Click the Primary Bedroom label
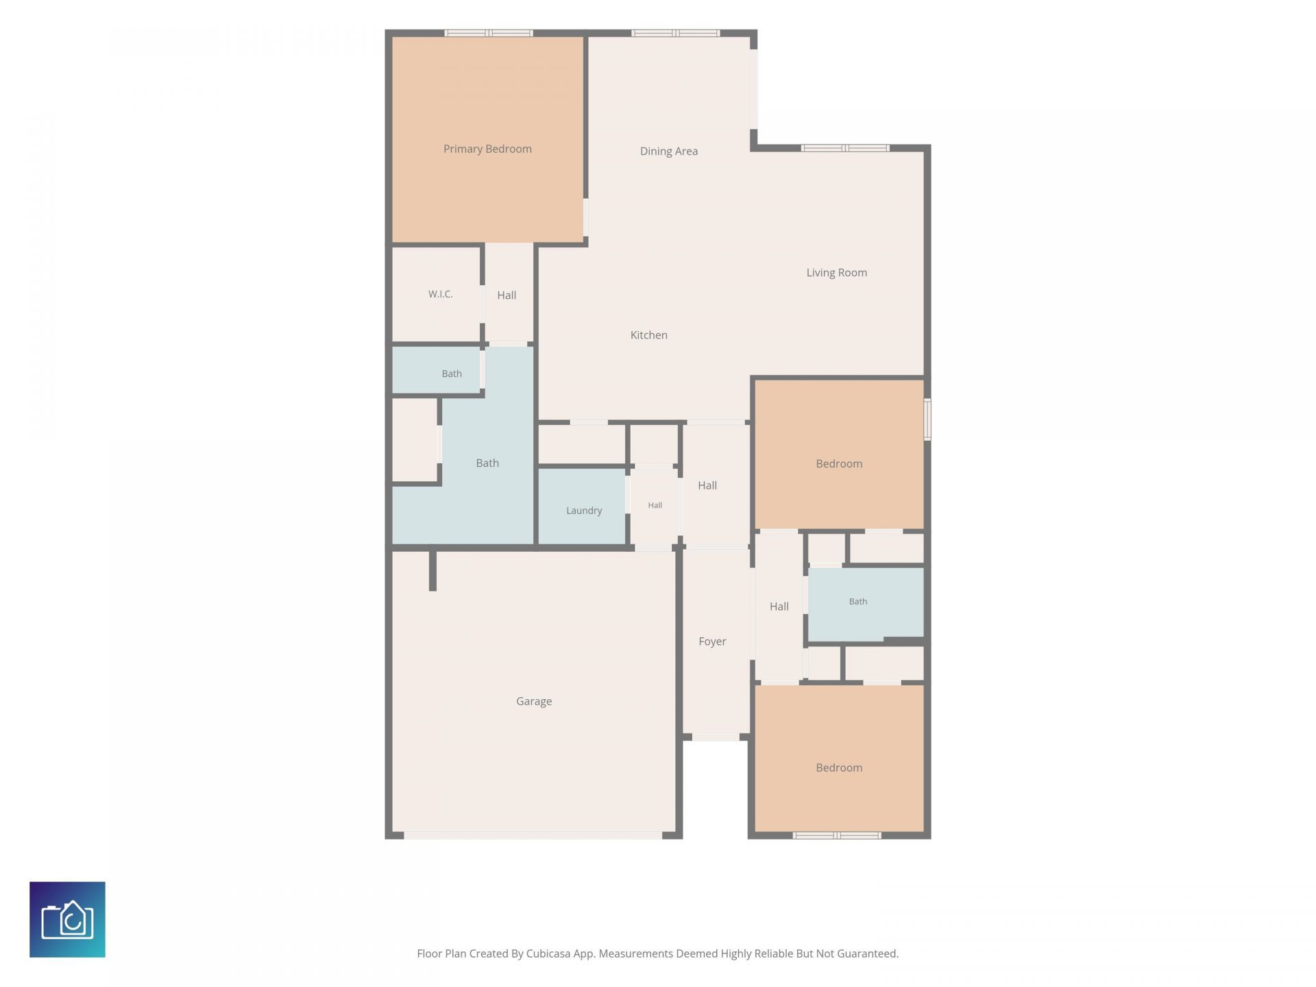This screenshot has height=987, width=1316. click(487, 149)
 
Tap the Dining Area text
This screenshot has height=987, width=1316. click(669, 151)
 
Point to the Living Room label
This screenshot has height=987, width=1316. click(836, 273)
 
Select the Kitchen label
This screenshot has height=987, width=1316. click(649, 335)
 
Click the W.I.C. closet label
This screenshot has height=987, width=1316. click(441, 294)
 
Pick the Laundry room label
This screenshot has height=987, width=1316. click(584, 511)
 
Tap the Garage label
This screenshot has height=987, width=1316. click(534, 701)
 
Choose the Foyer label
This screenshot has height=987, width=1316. click(712, 642)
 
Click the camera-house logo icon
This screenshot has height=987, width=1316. click(67, 919)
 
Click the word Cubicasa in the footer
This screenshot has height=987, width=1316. click(548, 953)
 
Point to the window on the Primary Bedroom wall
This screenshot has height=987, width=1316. click(489, 33)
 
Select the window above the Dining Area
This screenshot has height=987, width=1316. click(675, 33)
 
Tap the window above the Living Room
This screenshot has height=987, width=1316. click(846, 148)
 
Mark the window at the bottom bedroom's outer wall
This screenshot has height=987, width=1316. click(837, 836)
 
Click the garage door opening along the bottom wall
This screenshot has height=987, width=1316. click(533, 836)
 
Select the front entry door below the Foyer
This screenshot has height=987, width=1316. click(716, 737)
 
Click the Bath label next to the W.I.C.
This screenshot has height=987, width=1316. click(452, 374)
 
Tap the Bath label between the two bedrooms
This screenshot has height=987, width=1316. click(858, 601)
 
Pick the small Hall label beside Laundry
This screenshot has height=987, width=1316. click(655, 505)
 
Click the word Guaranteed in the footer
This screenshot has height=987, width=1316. click(866, 953)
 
